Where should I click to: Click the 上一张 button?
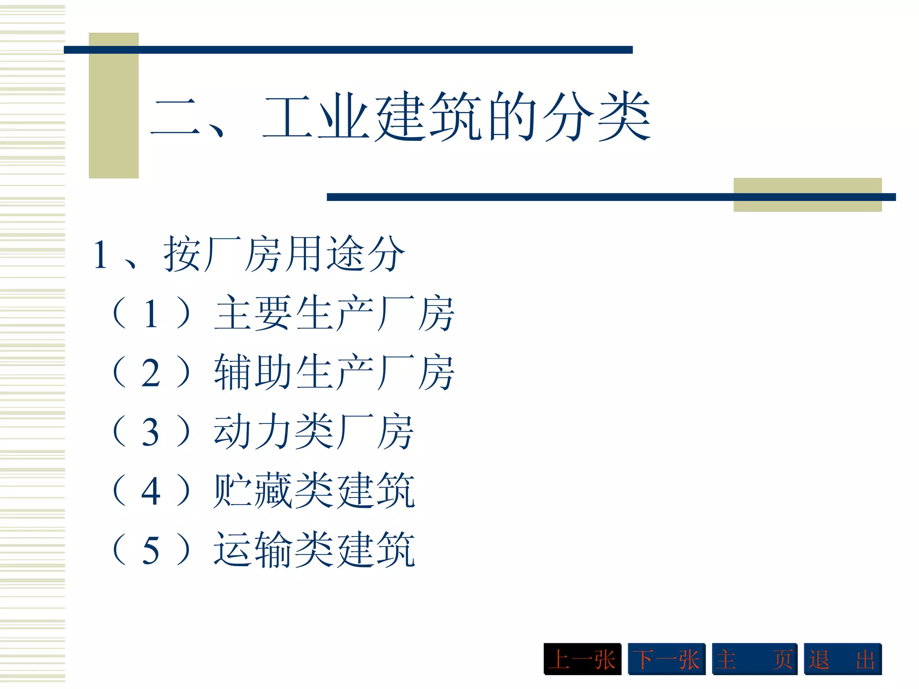582,659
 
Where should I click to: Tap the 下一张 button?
666,659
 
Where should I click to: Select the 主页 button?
754,659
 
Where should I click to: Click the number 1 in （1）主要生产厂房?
151,314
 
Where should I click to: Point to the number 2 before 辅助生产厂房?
151,374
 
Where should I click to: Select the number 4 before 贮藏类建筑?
151,492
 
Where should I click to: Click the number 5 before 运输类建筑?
151,551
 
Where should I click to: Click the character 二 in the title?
175,118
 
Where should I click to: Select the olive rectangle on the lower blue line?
807,195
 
